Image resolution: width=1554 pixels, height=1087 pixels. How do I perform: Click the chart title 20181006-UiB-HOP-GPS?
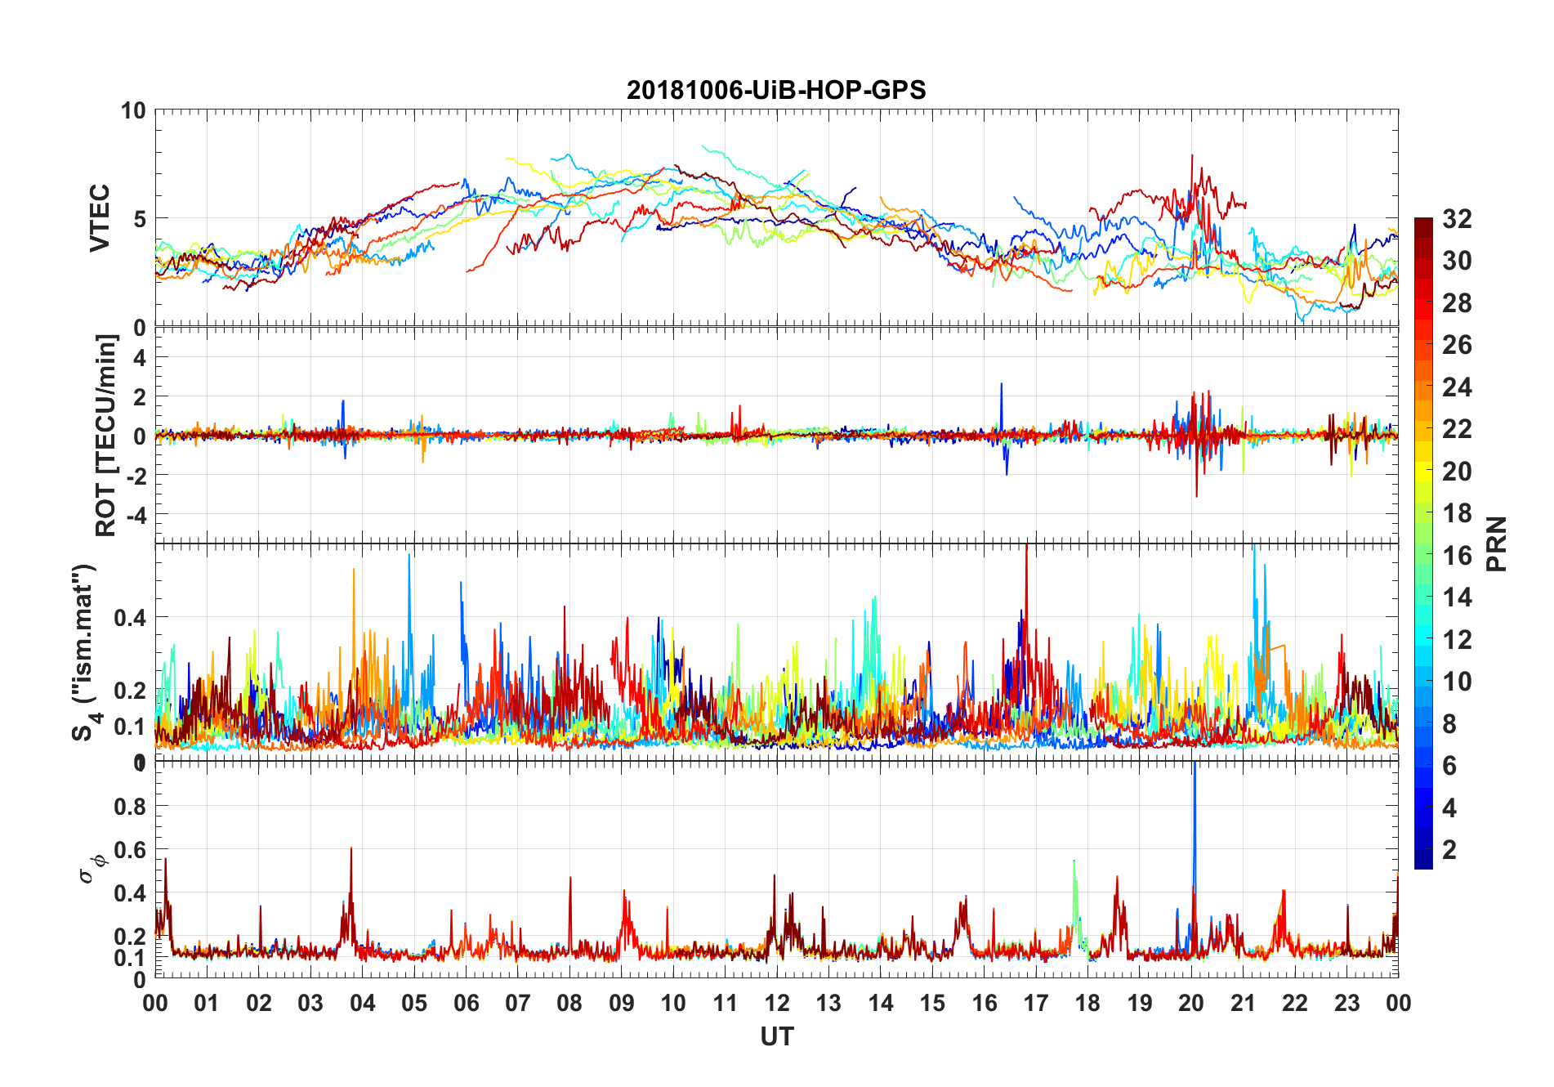click(x=776, y=90)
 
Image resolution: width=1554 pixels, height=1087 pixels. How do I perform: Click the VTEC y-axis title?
click(x=100, y=218)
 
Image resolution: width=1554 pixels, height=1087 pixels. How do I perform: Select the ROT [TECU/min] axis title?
click(x=106, y=435)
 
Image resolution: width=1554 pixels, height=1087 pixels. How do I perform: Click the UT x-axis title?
click(x=776, y=1036)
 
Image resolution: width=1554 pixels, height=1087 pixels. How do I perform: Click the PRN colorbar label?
click(x=1496, y=543)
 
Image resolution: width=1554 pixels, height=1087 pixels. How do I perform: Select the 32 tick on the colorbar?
click(x=1457, y=219)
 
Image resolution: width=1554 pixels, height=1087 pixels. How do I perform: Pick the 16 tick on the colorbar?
click(x=1457, y=556)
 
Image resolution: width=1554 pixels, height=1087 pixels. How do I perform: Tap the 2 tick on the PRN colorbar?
click(x=1449, y=850)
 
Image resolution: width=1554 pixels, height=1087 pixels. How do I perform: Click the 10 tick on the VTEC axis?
click(x=133, y=111)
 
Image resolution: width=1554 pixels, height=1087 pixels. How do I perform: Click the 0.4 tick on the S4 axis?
click(x=130, y=618)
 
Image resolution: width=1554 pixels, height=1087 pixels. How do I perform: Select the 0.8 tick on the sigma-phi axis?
click(x=130, y=807)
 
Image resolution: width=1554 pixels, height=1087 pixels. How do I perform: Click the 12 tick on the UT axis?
click(x=777, y=1003)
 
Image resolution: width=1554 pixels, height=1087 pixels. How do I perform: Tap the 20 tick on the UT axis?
click(x=1191, y=1003)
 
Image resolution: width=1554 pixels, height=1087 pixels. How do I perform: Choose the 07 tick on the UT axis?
click(x=518, y=1003)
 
